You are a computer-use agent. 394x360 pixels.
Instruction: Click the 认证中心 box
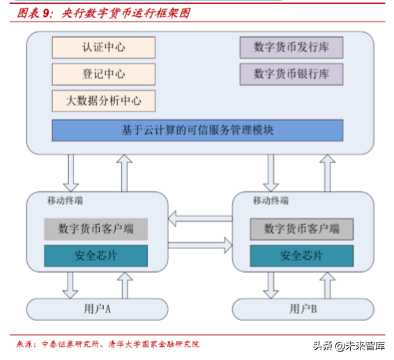103,47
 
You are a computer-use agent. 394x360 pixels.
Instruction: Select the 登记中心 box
103,74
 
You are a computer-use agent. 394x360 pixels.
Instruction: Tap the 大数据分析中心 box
103,100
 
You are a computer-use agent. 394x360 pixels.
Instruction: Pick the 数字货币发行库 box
291,47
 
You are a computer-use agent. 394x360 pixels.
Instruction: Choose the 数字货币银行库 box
291,73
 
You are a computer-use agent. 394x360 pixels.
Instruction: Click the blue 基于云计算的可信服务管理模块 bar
198,130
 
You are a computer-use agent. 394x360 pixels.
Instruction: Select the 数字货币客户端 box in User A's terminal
96,229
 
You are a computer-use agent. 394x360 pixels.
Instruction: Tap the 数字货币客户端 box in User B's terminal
302,229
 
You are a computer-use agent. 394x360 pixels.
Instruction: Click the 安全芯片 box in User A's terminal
96,255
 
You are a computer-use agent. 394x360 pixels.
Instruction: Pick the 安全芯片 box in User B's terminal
302,255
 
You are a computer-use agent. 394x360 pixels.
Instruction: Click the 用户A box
97,308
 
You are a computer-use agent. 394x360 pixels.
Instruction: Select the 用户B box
303,308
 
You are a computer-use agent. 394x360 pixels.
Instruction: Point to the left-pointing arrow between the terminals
199,220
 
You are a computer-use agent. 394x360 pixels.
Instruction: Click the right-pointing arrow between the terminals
199,245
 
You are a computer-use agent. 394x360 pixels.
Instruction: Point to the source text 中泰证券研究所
70,344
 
